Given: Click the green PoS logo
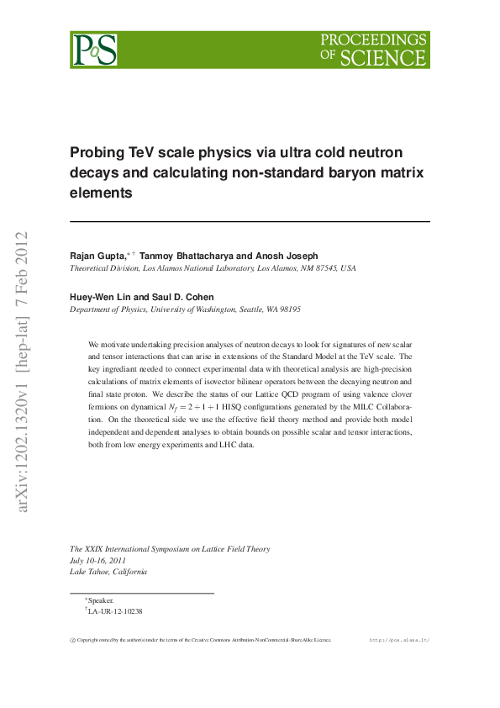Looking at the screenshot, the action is click(94, 50).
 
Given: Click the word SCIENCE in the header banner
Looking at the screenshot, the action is click(382, 57).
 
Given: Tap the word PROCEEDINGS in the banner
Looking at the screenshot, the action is click(374, 40).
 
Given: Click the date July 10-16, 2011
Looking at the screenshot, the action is click(97, 560).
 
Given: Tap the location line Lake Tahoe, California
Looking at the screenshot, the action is click(108, 572).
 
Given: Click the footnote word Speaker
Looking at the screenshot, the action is click(101, 600).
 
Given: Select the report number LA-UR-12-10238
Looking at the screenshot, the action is click(116, 611).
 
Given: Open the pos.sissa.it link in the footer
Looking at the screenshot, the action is click(400, 640).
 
